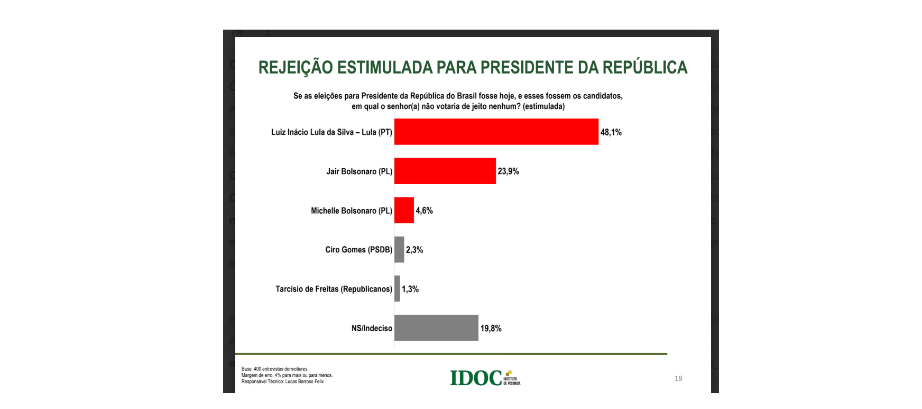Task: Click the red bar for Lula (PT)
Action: point(496,132)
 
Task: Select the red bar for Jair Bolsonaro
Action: point(445,171)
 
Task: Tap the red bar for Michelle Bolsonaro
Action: point(404,211)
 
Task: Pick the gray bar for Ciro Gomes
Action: point(399,250)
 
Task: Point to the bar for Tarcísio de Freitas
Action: point(397,289)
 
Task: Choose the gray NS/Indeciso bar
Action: point(436,328)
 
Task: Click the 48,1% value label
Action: point(611,132)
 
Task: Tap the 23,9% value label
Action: point(508,171)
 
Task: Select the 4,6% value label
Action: point(424,211)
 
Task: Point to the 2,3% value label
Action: point(414,250)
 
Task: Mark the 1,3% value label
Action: point(410,289)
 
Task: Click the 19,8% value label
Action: point(491,329)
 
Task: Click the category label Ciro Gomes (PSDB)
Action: point(358,250)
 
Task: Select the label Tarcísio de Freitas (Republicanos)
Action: point(334,289)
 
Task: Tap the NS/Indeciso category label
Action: point(372,329)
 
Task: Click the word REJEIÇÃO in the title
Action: point(296,68)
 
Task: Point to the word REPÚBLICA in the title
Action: point(644,67)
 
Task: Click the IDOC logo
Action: point(484,378)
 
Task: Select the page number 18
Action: point(678,378)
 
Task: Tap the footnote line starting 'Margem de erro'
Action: point(287,375)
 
